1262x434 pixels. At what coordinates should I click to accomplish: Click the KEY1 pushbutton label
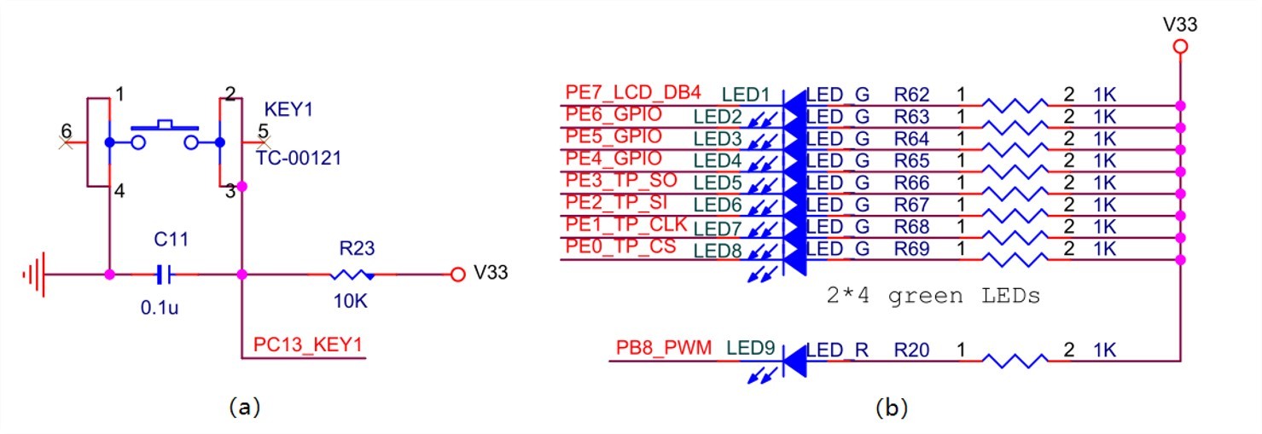click(288, 108)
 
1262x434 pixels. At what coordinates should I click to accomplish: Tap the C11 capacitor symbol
click(165, 275)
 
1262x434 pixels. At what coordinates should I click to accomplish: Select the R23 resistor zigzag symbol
click(352, 275)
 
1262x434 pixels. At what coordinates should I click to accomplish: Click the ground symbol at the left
click(34, 275)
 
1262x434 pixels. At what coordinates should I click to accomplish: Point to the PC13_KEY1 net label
click(308, 344)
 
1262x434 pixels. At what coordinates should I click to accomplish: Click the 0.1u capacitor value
click(160, 307)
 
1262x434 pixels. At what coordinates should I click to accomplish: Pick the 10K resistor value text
click(351, 301)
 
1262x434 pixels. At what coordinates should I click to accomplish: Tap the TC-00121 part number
click(299, 159)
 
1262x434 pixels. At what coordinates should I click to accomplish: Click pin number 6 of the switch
click(67, 131)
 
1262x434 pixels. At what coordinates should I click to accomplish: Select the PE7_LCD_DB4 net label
click(633, 92)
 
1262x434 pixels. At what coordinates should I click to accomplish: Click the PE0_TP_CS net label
click(620, 246)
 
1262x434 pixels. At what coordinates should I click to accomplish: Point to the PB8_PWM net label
click(664, 347)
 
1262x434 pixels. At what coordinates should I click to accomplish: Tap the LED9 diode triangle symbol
click(795, 361)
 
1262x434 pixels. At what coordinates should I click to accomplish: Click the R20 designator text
click(911, 350)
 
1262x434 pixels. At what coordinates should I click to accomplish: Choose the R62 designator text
click(911, 95)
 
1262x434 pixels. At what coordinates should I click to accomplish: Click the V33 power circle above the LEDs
click(1180, 47)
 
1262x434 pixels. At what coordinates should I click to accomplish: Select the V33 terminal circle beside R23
click(458, 275)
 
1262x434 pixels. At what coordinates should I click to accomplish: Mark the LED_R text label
click(837, 350)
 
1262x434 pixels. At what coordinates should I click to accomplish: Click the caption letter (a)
click(245, 407)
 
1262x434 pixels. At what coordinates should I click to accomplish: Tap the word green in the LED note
click(925, 296)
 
